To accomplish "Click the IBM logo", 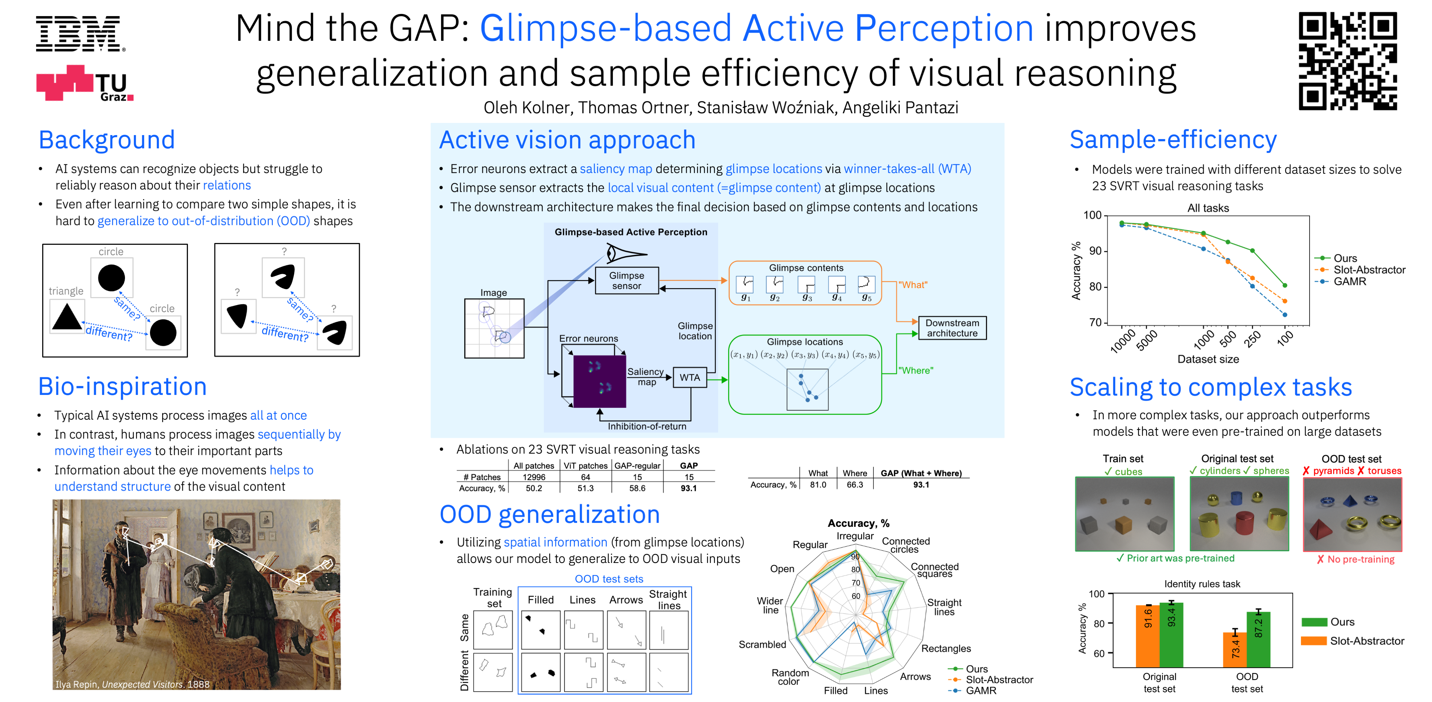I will (x=78, y=34).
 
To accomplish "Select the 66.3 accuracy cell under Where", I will (x=855, y=484).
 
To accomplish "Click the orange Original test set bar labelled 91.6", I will (x=1147, y=635).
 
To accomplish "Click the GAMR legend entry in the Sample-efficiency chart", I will (x=1349, y=281).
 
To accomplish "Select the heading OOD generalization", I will (x=549, y=515).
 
